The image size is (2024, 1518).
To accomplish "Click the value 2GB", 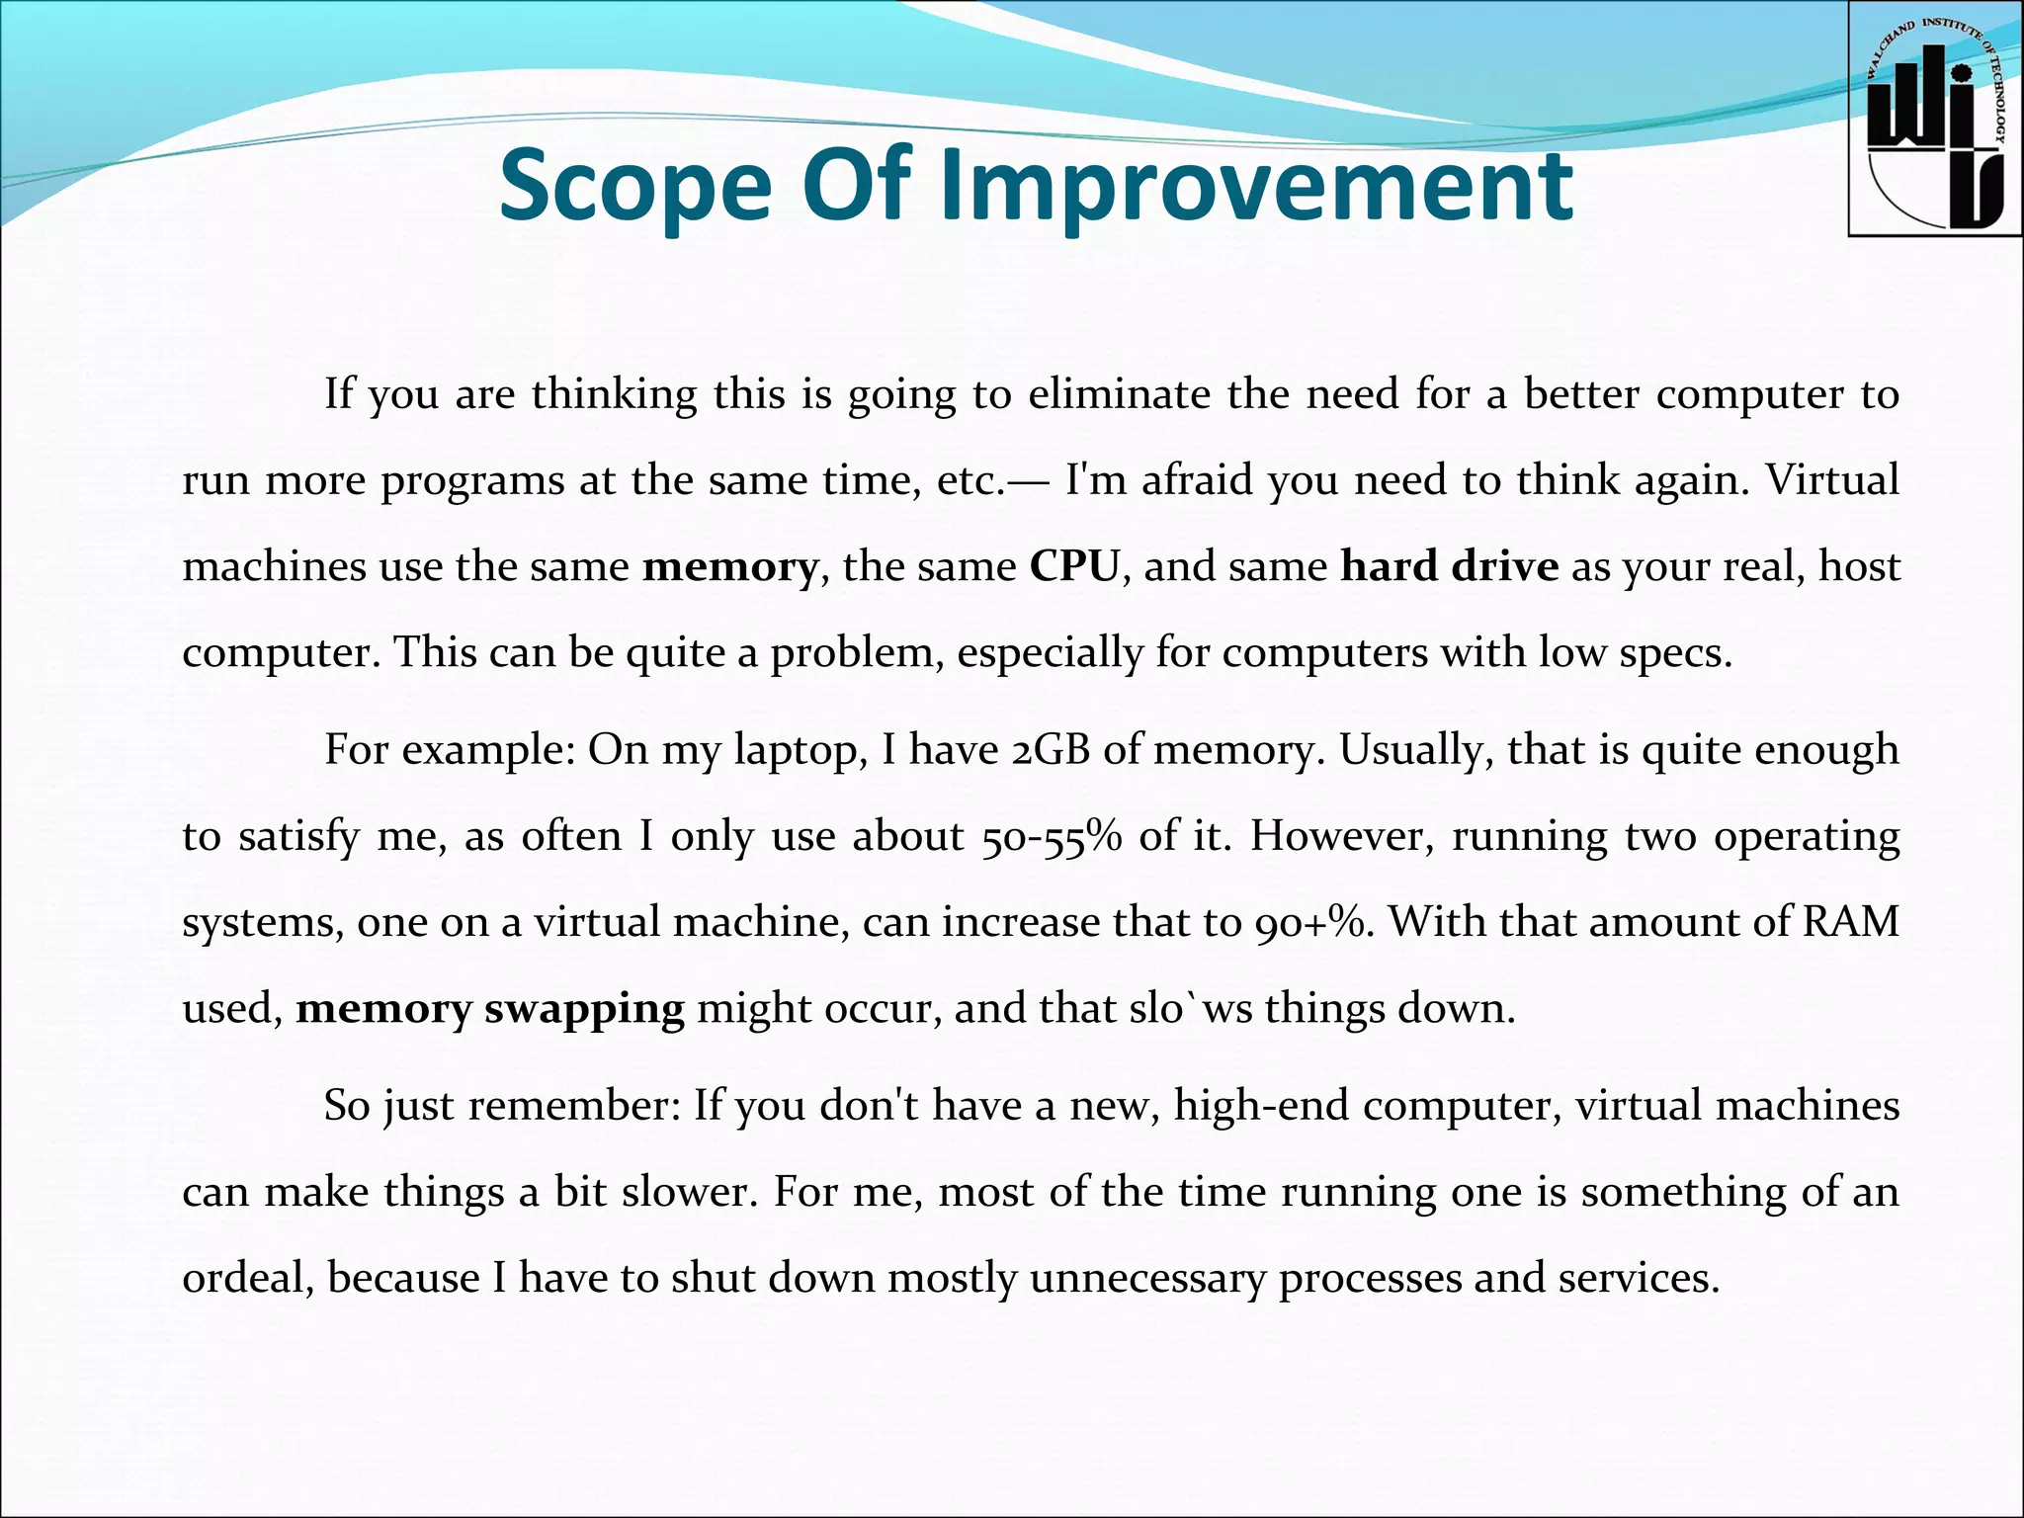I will [1051, 751].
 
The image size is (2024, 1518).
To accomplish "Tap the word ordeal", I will [248, 1279].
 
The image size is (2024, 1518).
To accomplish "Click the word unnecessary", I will [1146, 1279].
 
